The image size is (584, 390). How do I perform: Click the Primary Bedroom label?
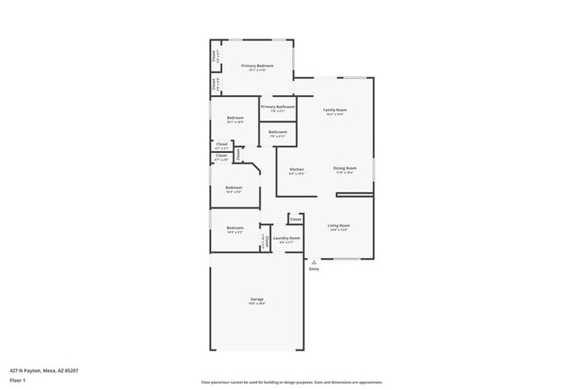pos(258,66)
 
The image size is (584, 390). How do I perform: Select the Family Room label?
pos(335,110)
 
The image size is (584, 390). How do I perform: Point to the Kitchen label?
pos(296,169)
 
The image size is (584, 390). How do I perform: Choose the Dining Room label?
pos(346,168)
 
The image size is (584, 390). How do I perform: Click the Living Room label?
pos(339,226)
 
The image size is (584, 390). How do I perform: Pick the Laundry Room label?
pos(287,238)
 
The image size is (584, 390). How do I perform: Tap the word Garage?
pos(257,299)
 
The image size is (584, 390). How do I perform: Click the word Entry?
pos(314,269)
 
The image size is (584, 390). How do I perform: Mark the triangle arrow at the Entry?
pos(314,261)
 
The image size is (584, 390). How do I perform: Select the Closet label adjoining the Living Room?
pos(296,218)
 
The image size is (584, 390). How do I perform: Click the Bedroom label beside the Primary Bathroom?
pos(235,118)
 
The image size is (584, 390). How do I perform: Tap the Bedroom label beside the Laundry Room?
pos(235,227)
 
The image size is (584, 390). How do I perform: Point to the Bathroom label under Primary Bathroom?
pos(278,132)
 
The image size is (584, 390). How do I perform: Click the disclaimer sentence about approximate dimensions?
pos(292,382)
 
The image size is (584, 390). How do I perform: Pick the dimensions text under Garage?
pos(257,304)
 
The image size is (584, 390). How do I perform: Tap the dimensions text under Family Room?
pos(335,114)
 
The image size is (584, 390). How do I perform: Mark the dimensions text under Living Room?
pos(339,230)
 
